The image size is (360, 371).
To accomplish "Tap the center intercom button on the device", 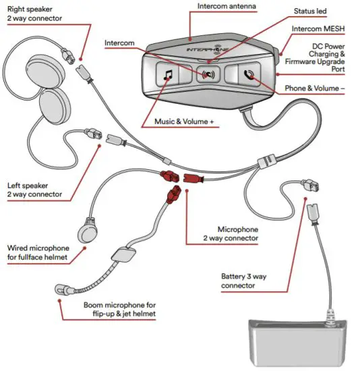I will point(208,74).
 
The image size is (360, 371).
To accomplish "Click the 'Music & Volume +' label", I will point(178,123).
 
